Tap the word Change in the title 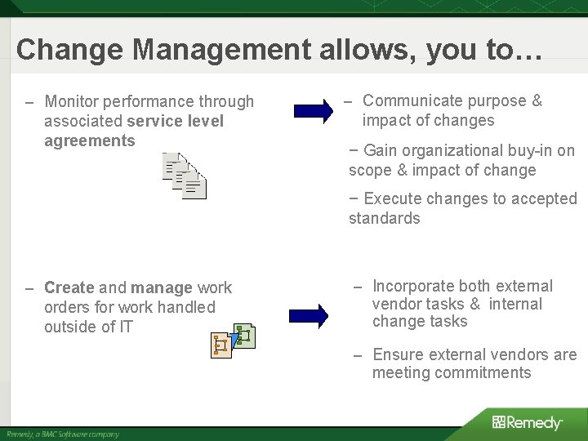pos(70,50)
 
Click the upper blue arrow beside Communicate pos(312,109)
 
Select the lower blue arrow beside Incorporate pos(309,314)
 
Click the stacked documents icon pos(185,176)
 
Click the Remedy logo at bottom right pos(527,422)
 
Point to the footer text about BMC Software pos(63,434)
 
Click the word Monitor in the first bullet pos(73,102)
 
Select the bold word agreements pos(90,140)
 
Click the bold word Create pos(69,288)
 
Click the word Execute pos(391,198)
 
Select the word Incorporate pos(414,286)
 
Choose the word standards pos(384,218)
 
